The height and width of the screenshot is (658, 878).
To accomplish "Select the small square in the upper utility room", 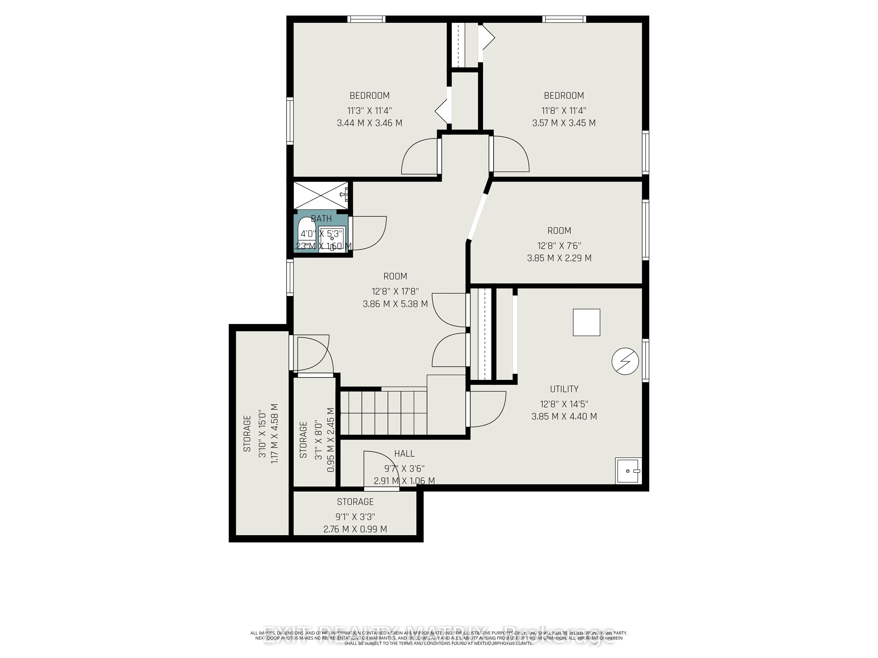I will coord(586,322).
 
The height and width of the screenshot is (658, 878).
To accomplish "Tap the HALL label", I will coord(404,453).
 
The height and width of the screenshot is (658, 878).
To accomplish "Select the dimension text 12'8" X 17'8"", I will coord(395,291).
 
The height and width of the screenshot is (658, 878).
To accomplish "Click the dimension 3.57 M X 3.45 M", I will coord(564,123).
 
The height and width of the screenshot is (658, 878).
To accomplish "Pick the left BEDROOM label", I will coord(370,96).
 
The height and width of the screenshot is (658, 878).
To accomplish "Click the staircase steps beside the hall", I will coord(383,413).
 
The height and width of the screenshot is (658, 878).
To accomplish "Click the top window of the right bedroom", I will coord(564,19).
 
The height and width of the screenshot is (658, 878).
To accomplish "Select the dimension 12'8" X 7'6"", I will coord(559,246).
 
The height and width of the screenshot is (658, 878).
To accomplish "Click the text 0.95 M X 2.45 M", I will coord(331,440).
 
